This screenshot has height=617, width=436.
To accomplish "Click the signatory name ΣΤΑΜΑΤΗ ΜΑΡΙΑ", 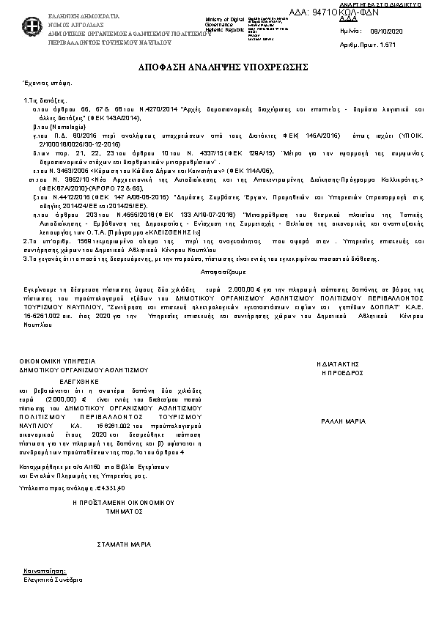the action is click(x=125, y=544).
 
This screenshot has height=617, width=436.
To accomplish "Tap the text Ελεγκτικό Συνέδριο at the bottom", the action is click(x=53, y=579).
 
